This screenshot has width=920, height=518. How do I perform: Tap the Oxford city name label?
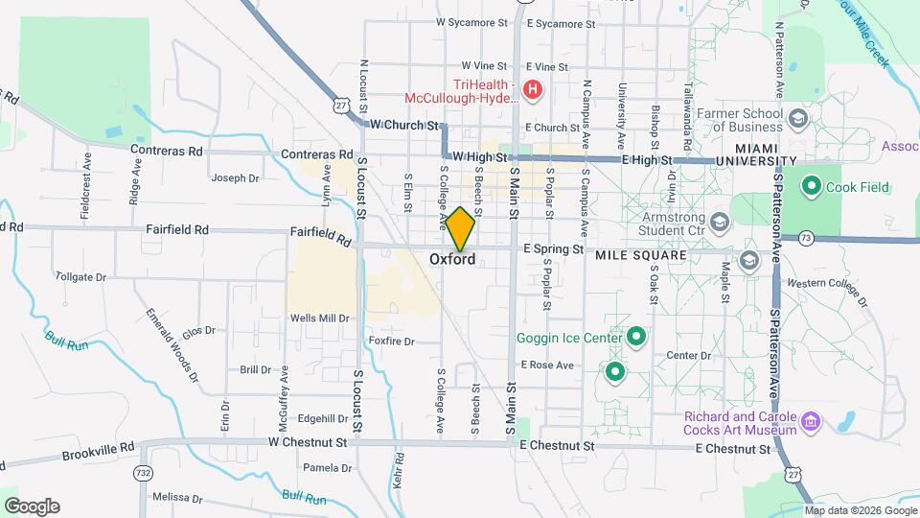click(x=452, y=259)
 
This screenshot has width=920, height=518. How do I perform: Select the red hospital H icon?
click(x=532, y=92)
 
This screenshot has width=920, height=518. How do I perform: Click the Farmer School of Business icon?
click(x=797, y=119)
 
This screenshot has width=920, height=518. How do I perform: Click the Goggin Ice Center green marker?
click(x=635, y=337)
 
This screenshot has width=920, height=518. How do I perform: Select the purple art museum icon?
click(x=811, y=421)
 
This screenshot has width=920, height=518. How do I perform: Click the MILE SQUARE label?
click(x=641, y=256)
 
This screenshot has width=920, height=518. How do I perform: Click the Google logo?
click(x=32, y=506)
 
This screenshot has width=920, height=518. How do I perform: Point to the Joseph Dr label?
click(x=236, y=177)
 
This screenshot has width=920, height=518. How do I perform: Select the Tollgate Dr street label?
click(x=81, y=276)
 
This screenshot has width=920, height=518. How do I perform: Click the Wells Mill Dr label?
click(x=319, y=318)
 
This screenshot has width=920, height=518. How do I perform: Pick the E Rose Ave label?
click(x=547, y=365)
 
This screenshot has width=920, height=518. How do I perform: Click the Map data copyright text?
click(x=859, y=509)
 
